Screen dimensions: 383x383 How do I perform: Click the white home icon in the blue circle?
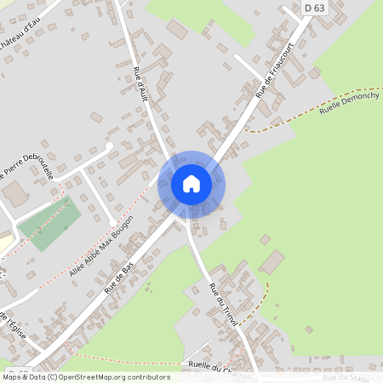point(191,183)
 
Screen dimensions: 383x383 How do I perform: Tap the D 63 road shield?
point(313,9)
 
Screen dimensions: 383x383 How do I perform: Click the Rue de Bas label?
point(120,277)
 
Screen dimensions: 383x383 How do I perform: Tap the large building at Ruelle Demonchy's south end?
point(272,263)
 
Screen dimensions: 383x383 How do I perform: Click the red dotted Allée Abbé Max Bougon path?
point(128,204)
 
